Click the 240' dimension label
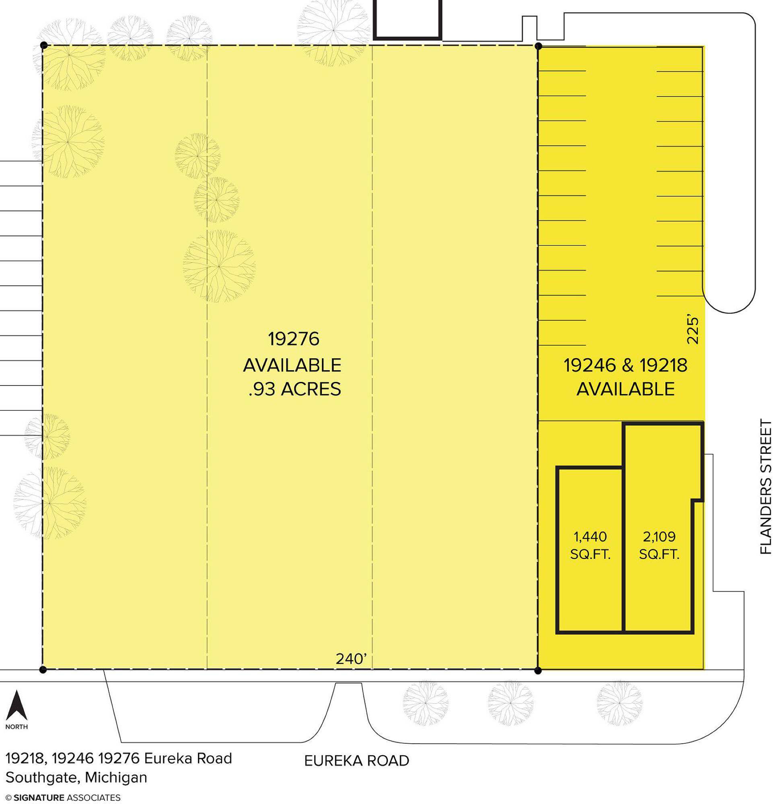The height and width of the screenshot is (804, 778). [x=351, y=659]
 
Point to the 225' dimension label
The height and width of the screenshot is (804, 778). [x=692, y=330]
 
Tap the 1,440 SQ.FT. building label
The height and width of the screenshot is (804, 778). [x=591, y=545]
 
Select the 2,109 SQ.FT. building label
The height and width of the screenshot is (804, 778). [x=659, y=545]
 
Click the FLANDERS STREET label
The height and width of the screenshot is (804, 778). [x=766, y=486]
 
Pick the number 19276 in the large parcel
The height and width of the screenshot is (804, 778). [x=294, y=339]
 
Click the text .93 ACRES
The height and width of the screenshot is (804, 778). [x=295, y=389]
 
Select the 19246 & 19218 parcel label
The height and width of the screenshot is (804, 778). [x=625, y=365]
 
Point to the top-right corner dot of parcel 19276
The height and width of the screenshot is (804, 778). [x=539, y=46]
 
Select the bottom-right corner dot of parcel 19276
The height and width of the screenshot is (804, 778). [x=539, y=671]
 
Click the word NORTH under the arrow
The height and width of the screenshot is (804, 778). [x=17, y=727]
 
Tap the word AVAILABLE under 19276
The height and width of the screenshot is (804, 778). [x=292, y=365]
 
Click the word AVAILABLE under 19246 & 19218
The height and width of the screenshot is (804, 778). [x=625, y=389]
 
